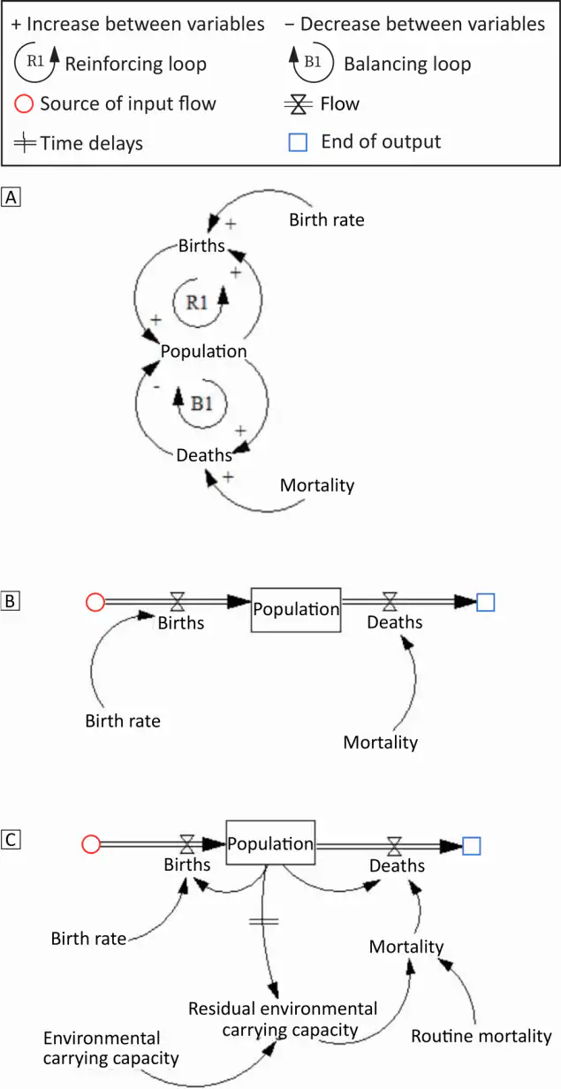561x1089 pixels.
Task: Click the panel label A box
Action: point(11,198)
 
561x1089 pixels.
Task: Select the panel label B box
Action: point(11,602)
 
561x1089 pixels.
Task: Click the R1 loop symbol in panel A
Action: point(202,301)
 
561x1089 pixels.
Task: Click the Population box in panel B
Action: point(296,609)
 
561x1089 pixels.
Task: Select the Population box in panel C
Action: point(270,844)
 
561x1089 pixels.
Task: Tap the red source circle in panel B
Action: point(95,603)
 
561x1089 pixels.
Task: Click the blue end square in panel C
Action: point(471,846)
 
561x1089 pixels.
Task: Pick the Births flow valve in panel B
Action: point(178,603)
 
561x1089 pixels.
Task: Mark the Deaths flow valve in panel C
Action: point(394,846)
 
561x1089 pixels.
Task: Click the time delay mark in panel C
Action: point(263,921)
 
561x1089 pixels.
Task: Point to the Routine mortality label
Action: point(481,1036)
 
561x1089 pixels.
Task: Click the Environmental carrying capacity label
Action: point(111,1047)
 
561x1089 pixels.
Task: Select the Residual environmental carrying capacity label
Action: point(282,1018)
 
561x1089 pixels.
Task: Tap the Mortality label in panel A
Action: point(317,484)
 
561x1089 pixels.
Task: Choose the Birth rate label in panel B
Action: point(123,720)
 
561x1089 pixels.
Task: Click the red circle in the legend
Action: point(26,103)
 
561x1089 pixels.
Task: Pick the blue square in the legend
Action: point(299,141)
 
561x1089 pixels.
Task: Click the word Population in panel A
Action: point(203,351)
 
